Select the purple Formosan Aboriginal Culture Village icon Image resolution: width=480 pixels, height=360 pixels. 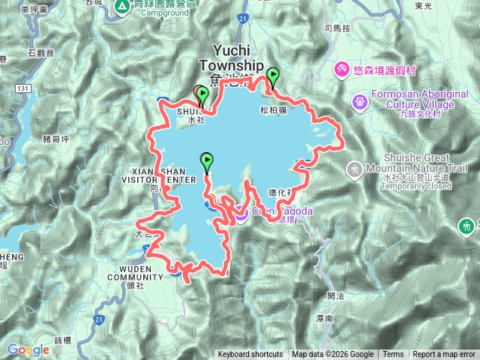360,100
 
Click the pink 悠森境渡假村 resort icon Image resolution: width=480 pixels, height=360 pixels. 341,70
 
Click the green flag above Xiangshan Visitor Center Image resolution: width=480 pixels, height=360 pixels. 206,159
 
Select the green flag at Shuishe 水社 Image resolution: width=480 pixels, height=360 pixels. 202,93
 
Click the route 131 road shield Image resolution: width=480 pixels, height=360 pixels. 25,89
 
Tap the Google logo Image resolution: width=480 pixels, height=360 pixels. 28,349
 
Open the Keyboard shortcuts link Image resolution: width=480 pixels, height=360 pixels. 250,355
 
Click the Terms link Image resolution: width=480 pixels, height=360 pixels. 393,355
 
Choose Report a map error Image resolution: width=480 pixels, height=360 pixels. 443,355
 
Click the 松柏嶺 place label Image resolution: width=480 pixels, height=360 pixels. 274,110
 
